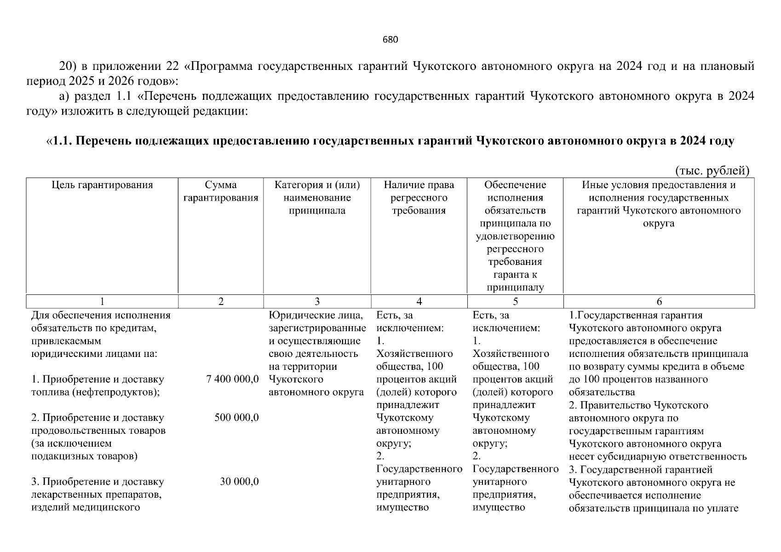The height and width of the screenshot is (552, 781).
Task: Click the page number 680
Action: tap(390, 40)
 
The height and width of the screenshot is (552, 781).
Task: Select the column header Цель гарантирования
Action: tap(102, 185)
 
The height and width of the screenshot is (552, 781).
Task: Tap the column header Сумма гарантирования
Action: tap(221, 191)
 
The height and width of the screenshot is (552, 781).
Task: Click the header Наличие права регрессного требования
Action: tap(419, 198)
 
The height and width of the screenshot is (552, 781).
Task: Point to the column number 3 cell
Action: tap(317, 302)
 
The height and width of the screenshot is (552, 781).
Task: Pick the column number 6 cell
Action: tap(659, 302)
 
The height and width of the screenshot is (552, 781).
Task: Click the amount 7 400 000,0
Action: tap(233, 379)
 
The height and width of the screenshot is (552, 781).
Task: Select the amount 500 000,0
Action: tap(236, 418)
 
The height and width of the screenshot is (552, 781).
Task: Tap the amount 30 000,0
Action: tap(239, 482)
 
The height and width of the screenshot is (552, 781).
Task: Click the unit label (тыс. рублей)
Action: tap(712, 171)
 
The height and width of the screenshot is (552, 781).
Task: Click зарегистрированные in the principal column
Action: tap(317, 328)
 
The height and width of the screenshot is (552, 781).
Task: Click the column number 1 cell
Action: tap(102, 302)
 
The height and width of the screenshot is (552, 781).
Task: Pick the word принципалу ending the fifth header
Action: tap(515, 288)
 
